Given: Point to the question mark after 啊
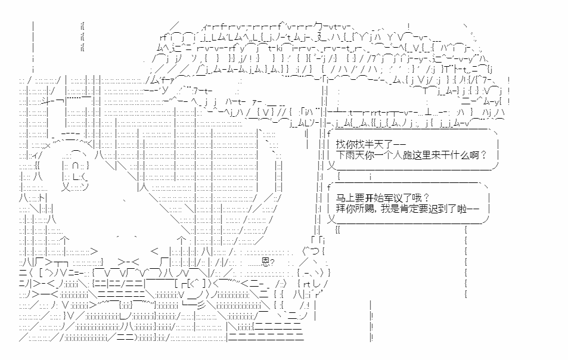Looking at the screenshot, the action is pyautogui.click(x=483, y=155).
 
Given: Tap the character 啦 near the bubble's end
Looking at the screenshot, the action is pyautogui.click(x=462, y=209).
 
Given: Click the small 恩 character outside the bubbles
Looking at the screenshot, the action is pyautogui.click(x=266, y=262).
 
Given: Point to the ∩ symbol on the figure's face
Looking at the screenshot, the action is pyautogui.click(x=75, y=166).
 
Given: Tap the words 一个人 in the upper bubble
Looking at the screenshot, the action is pyautogui.click(x=387, y=155).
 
